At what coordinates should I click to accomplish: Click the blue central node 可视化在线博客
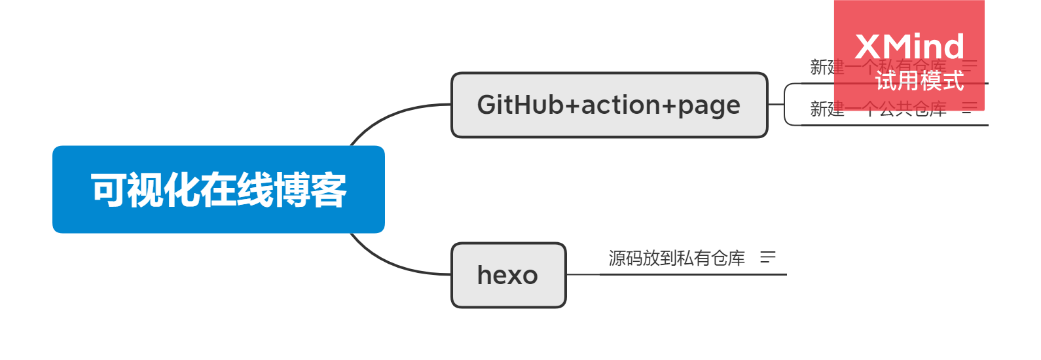218,190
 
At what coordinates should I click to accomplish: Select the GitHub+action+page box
609,105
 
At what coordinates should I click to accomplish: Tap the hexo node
508,275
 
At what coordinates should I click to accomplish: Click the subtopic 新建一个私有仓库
877,67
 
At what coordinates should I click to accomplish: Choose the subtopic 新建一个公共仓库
877,109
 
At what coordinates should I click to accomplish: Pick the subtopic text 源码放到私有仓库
676,259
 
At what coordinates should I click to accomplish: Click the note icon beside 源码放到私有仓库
768,258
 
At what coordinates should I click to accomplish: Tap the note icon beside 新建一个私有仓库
970,65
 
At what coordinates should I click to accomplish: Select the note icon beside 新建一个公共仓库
970,108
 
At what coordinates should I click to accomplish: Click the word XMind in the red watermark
909,48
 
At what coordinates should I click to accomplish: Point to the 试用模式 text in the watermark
919,81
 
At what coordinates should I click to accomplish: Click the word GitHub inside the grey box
520,105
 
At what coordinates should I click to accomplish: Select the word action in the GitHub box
629,105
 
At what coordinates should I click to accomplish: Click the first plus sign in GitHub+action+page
572,105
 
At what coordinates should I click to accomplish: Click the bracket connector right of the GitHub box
786,104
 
